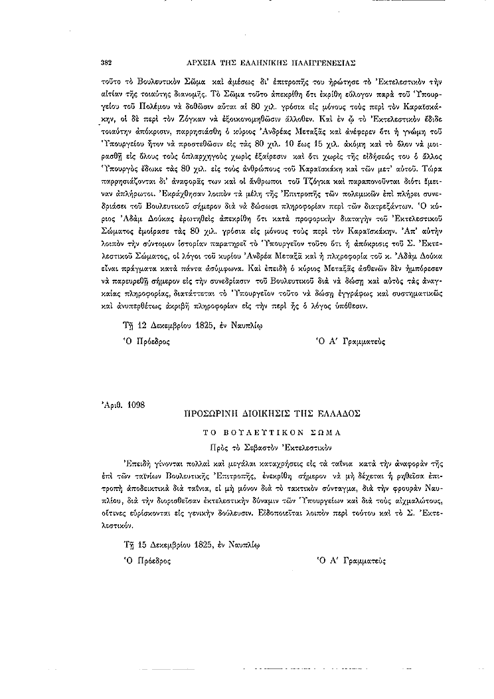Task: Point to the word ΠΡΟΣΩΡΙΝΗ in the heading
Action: click(x=211, y=413)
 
